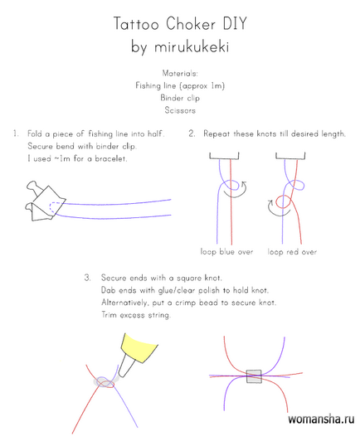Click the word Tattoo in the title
[136, 23]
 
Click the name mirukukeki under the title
[192, 47]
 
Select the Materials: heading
[180, 74]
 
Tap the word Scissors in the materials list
[180, 110]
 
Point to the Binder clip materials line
[180, 98]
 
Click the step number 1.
[16, 133]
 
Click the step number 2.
[192, 133]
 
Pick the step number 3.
[88, 278]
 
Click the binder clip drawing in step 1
[46, 201]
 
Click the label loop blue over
[226, 252]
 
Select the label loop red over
[292, 252]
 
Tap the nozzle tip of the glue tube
[120, 375]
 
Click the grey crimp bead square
[254, 376]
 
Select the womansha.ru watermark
[321, 419]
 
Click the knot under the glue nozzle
[105, 382]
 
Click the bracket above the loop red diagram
[290, 156]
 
